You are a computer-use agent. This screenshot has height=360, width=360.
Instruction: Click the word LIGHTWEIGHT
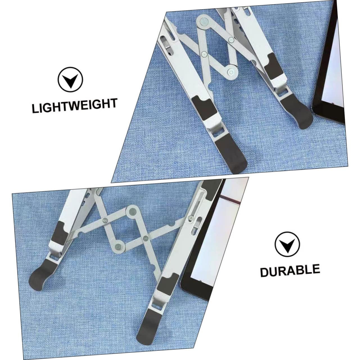[74, 106]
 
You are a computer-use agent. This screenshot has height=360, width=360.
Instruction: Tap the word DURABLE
[290, 270]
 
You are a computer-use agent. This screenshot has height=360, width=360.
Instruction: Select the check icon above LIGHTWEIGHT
[70, 80]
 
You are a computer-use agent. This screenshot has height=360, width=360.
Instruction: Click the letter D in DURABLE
[265, 273]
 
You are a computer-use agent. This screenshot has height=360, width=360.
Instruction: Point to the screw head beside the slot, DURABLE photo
[190, 218]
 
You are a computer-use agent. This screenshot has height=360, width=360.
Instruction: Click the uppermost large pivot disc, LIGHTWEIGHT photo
[203, 21]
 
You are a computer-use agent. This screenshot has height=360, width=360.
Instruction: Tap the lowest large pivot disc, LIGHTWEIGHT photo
[231, 72]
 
